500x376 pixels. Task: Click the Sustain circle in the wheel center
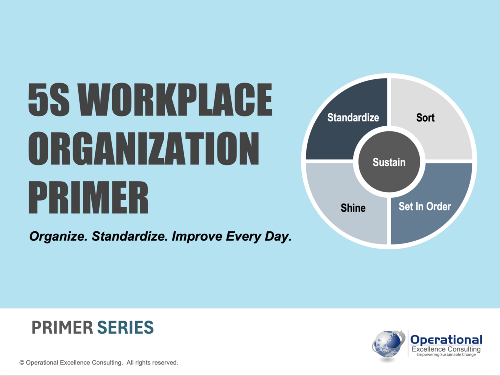tap(389, 162)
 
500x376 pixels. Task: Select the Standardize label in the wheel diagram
tap(353, 118)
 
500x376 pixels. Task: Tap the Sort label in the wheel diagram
tap(425, 118)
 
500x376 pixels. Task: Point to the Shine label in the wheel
tap(353, 208)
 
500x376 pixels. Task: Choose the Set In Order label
tap(425, 206)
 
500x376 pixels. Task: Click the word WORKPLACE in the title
tap(175, 99)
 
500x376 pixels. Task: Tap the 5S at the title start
tap(49, 99)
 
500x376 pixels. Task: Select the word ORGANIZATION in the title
tap(144, 148)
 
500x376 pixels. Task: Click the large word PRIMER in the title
tap(88, 197)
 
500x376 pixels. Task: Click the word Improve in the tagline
tap(197, 236)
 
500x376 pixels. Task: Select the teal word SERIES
tap(125, 328)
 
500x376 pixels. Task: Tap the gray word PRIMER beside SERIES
tap(62, 328)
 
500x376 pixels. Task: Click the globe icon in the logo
tap(388, 345)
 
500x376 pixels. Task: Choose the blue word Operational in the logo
tap(446, 340)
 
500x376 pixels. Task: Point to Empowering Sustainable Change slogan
tap(446, 355)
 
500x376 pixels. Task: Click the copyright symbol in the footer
tap(22, 363)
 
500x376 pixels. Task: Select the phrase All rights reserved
tap(152, 363)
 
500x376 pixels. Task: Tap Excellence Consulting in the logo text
tap(446, 349)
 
